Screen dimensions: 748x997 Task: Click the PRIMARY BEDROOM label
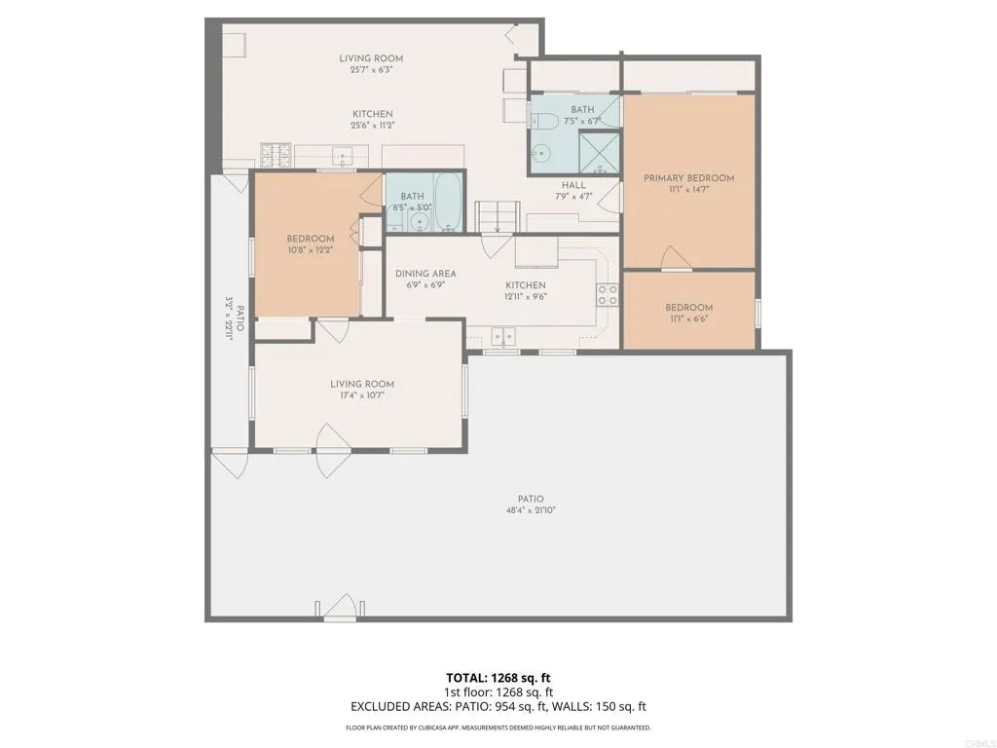tap(688, 178)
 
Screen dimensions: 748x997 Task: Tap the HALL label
tap(573, 185)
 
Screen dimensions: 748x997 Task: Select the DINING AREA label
tap(425, 274)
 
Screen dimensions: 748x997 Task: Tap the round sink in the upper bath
tap(541, 153)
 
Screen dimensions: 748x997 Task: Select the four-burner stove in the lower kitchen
tap(608, 295)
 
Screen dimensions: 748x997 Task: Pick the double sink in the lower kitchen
tap(503, 336)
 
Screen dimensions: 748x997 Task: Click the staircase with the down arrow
tap(498, 216)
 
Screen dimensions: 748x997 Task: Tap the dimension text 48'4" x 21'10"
tap(531, 510)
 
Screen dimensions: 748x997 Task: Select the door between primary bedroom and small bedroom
tap(675, 258)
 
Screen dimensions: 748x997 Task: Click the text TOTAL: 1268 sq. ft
tap(498, 677)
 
